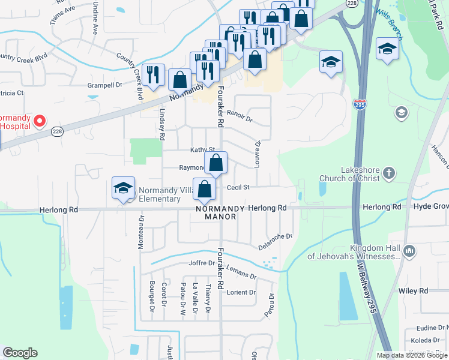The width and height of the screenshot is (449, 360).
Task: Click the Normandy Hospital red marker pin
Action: (39, 121)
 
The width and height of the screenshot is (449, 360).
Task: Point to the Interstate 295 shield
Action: (360, 105)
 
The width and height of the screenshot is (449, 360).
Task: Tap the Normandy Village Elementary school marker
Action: (123, 188)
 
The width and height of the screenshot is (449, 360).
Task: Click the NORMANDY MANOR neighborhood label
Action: (220, 212)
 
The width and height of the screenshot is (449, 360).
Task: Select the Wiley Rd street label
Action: (412, 291)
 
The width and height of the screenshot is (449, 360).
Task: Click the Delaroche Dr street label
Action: (276, 240)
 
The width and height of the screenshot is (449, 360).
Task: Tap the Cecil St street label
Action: (238, 187)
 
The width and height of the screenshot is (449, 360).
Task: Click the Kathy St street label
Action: (202, 149)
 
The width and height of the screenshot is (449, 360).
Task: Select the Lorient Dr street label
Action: (241, 293)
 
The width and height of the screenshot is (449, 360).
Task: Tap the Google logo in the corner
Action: (20, 353)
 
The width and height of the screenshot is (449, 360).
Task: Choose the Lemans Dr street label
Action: (242, 274)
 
